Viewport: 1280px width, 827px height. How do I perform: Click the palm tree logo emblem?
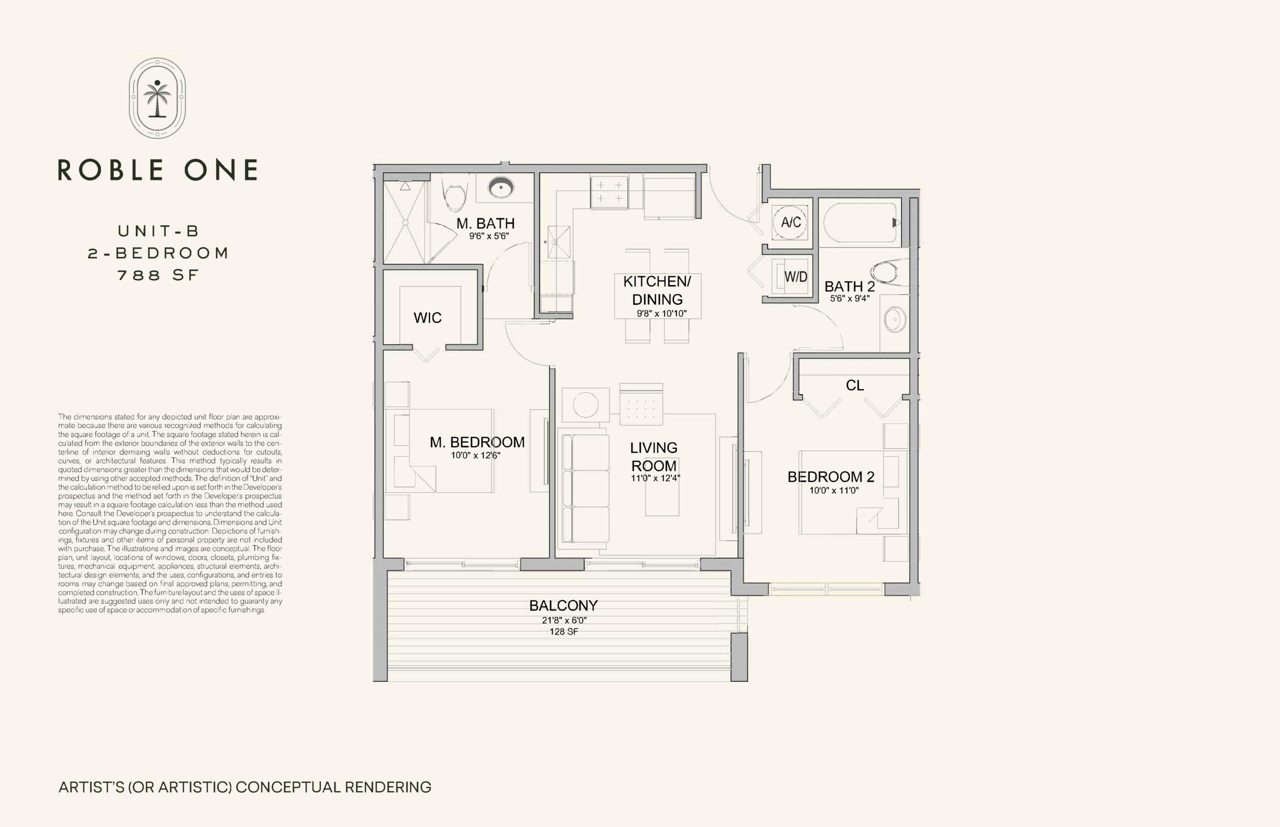coord(157,98)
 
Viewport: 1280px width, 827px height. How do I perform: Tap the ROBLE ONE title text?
coord(157,170)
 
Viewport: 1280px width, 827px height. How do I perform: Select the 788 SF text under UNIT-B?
coord(158,275)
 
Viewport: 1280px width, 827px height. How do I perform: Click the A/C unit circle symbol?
coord(790,222)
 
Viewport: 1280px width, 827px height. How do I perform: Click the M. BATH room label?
coord(485,223)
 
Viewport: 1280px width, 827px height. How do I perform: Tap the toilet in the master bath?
coord(454,194)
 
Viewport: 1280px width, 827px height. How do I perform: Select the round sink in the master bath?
coord(501,187)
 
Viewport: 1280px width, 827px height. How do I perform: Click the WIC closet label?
coord(427,318)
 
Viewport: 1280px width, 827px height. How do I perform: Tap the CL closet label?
coord(854,386)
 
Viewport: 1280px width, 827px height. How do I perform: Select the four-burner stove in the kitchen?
coord(609,192)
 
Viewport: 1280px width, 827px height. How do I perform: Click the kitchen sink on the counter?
coord(559,242)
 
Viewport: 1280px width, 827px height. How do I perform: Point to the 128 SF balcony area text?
coord(563,632)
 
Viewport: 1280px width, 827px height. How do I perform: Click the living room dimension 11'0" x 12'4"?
coord(655,478)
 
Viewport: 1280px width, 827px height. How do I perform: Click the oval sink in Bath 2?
coord(895,320)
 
